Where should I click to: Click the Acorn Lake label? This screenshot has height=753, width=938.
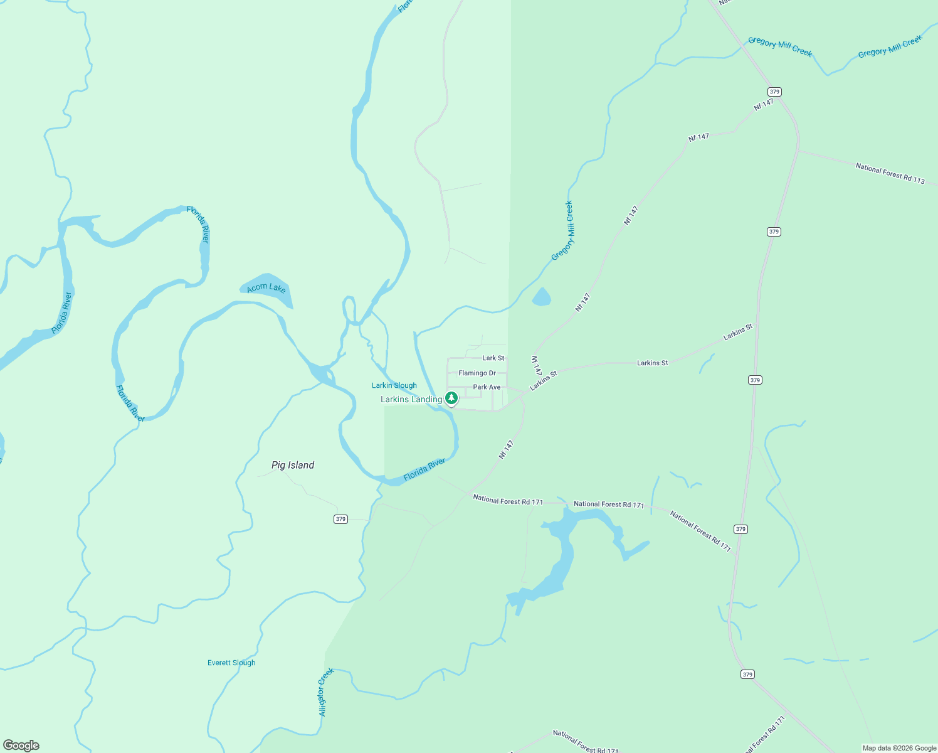[x=266, y=288]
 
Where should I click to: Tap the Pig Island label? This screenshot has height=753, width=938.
[x=293, y=465]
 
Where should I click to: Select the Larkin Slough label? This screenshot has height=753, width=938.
[x=394, y=385]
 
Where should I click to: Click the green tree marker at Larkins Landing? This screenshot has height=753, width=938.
[x=451, y=398]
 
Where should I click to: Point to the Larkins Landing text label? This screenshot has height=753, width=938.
[x=411, y=399]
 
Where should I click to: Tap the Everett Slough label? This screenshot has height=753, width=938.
[x=231, y=663]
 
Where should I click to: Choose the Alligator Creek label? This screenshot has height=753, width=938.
[x=325, y=692]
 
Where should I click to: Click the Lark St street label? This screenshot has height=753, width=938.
[x=493, y=358]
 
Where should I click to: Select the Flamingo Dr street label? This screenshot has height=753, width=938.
[x=477, y=373]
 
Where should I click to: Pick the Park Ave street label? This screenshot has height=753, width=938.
[x=487, y=387]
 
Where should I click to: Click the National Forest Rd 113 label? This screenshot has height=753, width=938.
[x=890, y=173]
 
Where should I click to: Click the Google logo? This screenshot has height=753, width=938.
[x=21, y=745]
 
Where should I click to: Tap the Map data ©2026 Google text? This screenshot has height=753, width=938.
[x=899, y=748]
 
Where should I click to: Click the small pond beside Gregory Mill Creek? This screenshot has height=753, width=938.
[x=541, y=297]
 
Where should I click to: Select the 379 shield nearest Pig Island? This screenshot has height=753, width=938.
[x=340, y=519]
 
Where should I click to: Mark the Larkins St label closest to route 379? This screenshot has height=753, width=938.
[x=737, y=333]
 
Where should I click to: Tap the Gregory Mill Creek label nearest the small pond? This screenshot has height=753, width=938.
[x=562, y=231]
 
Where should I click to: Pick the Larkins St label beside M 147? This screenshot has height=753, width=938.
[x=544, y=381]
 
